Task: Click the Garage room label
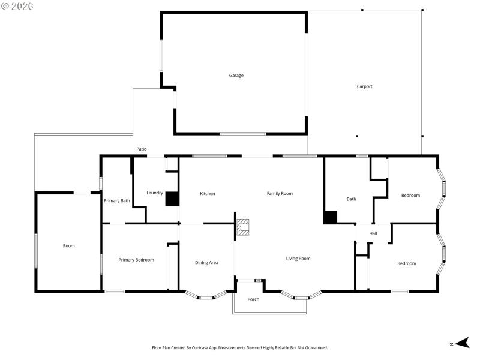236,76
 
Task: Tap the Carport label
365,86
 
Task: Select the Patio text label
142,149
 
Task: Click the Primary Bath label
117,200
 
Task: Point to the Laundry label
155,193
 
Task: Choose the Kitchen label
207,193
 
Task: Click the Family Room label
280,193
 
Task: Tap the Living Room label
298,259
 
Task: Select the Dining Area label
206,262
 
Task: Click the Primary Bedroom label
136,260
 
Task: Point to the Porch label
254,299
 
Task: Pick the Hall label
373,233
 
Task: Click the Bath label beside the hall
352,199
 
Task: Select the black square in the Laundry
172,199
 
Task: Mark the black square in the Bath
330,217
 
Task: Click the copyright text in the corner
17,5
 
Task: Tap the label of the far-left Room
69,245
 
